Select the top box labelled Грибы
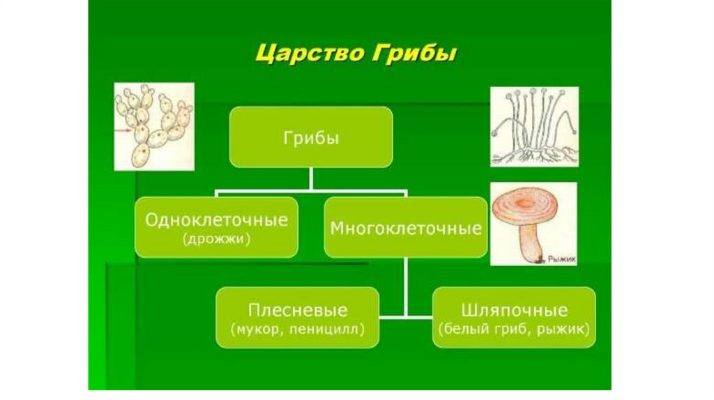[311, 137]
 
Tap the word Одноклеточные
[216, 220]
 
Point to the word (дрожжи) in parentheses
[216, 239]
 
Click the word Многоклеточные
[406, 228]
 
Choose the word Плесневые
[298, 309]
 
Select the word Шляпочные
[515, 309]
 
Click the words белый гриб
[489, 327]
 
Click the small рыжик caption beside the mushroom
[563, 259]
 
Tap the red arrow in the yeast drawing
[127, 130]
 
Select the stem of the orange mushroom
[529, 244]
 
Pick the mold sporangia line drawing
[534, 126]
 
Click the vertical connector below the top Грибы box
[311, 178]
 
